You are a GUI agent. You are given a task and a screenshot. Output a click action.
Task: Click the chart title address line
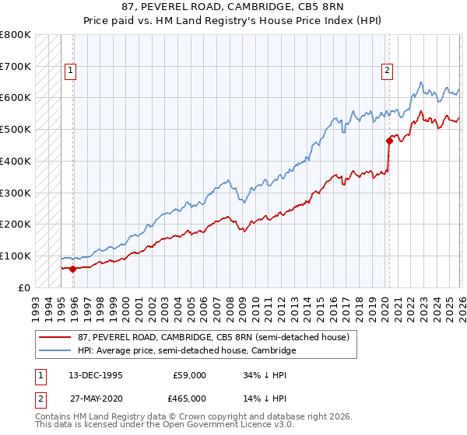pyautogui.click(x=233, y=7)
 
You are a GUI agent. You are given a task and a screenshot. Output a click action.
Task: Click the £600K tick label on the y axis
pyautogui.click(x=16, y=98)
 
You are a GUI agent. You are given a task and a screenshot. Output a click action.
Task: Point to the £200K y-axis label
pyautogui.click(x=16, y=224)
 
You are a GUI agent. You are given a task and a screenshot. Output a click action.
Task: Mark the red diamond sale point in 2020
pyautogui.click(x=388, y=141)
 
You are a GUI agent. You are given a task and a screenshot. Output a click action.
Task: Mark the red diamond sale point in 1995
pyautogui.click(x=73, y=269)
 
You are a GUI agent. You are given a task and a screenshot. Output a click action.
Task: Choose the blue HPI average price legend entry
pyautogui.click(x=187, y=351)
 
